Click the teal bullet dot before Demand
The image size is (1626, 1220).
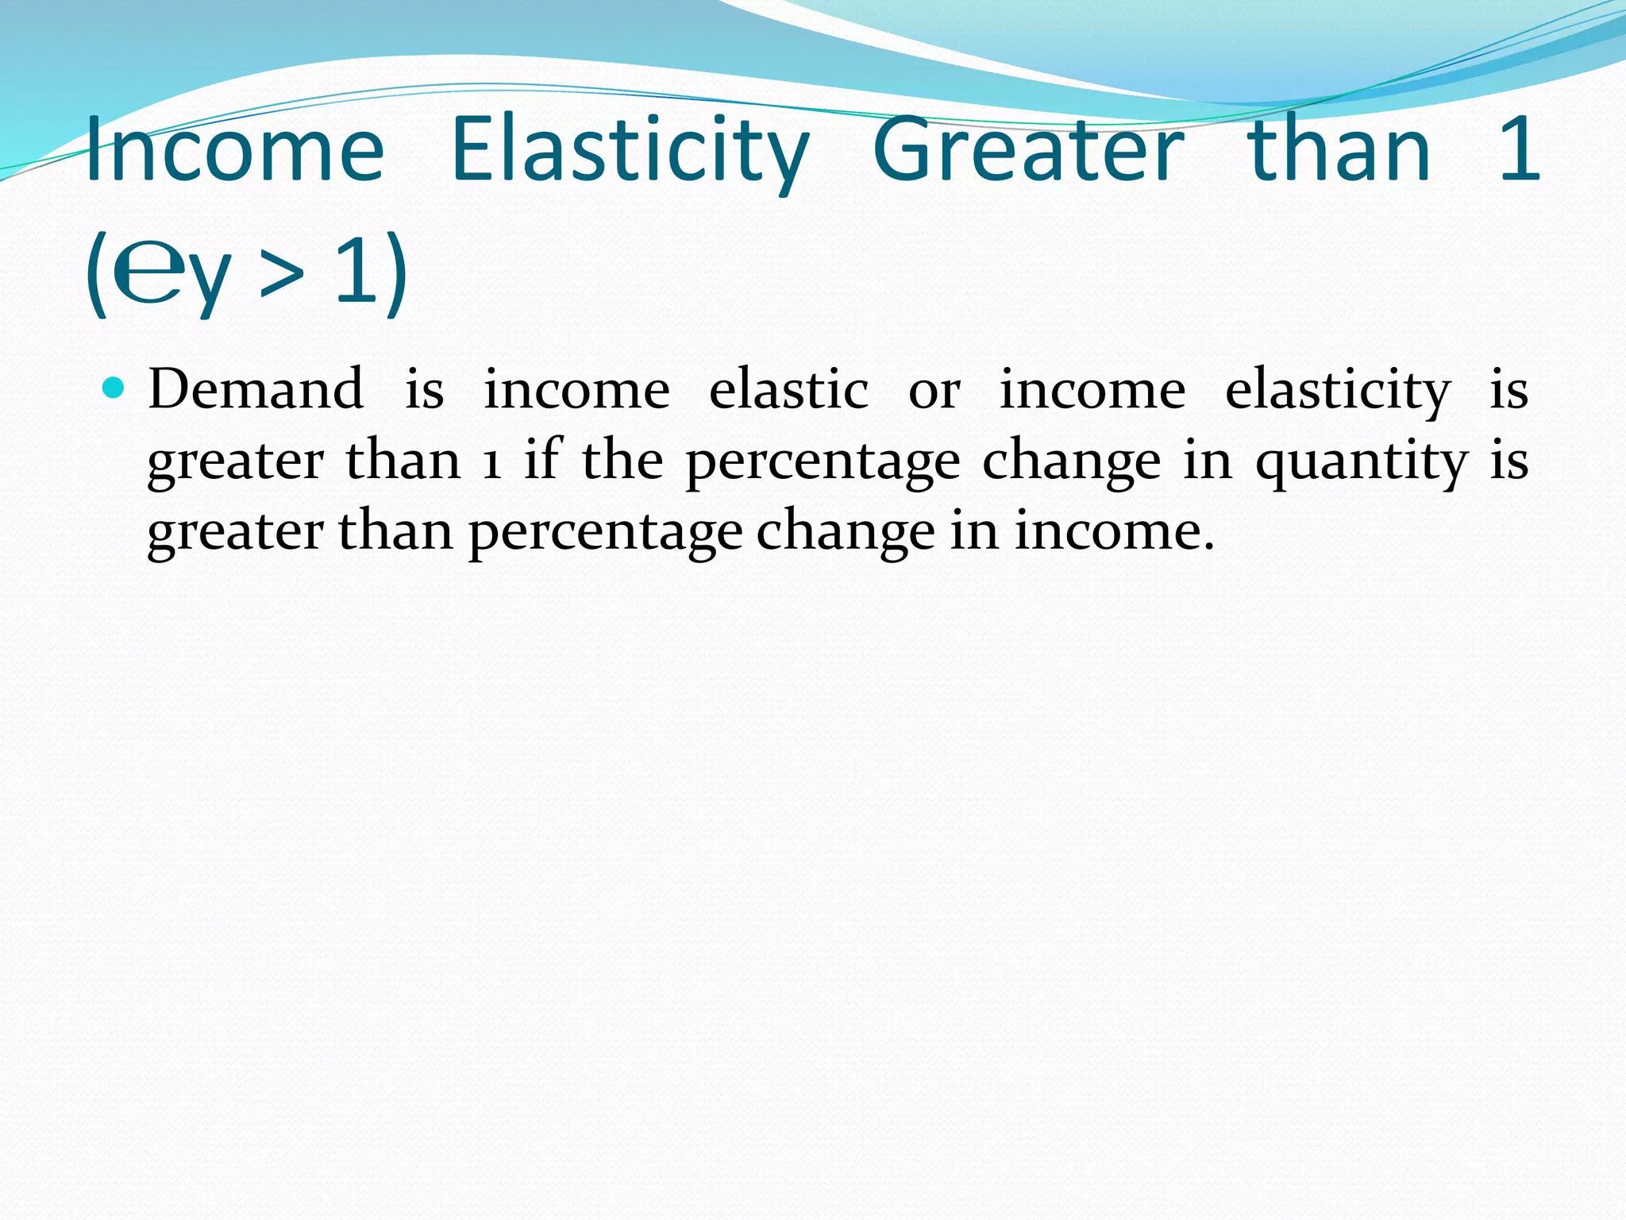(x=114, y=388)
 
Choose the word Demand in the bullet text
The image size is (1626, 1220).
(x=256, y=389)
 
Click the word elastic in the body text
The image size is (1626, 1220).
(x=788, y=389)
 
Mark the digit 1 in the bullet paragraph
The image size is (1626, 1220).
(x=492, y=461)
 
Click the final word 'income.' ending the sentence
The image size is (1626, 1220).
(x=1115, y=531)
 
